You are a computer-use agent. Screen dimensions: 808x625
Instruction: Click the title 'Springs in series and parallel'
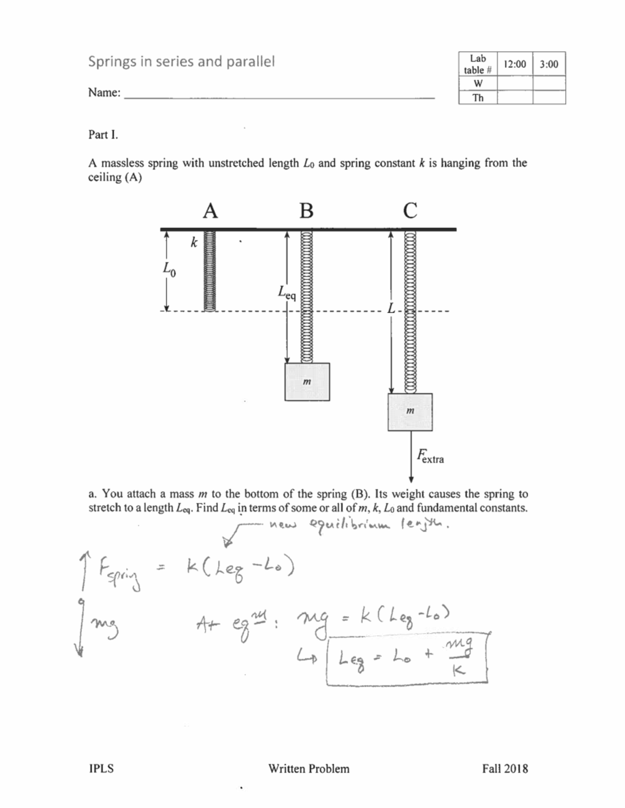[x=181, y=61]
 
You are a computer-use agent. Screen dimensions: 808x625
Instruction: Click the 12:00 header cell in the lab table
[x=515, y=64]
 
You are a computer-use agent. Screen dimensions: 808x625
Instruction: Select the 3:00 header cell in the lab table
[x=549, y=64]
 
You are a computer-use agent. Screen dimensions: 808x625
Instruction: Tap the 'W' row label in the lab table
[x=478, y=83]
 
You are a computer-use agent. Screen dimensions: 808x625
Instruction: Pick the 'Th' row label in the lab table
[x=478, y=98]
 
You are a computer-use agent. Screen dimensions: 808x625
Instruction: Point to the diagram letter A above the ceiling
[x=210, y=211]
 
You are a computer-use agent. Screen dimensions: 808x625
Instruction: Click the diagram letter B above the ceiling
[x=307, y=211]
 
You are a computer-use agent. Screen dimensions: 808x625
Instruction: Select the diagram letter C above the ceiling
[x=410, y=211]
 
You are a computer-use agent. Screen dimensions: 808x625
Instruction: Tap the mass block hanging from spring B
[x=307, y=381]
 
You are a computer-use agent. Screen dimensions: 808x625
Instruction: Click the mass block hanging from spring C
[x=410, y=412]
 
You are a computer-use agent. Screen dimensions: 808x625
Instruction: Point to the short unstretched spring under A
[x=209, y=271]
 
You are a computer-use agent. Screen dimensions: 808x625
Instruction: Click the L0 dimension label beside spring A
[x=169, y=270]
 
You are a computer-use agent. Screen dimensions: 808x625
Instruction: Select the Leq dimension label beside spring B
[x=286, y=292]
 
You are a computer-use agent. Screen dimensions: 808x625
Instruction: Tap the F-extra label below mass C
[x=430, y=456]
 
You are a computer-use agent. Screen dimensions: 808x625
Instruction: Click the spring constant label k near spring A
[x=194, y=242]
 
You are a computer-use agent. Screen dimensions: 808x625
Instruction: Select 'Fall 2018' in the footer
[x=505, y=768]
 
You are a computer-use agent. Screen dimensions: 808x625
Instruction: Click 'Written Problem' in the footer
[x=309, y=768]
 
